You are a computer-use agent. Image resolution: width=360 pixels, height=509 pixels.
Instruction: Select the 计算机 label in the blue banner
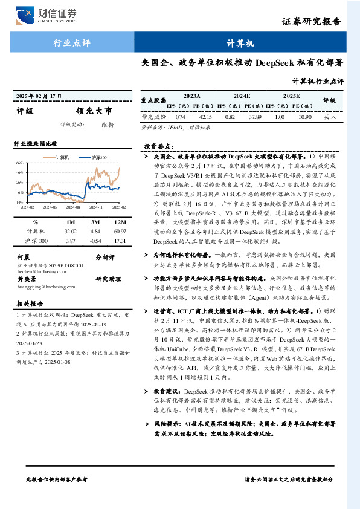pos(240,44)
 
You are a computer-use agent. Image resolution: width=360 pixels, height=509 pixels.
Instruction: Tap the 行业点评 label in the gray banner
pos(72,44)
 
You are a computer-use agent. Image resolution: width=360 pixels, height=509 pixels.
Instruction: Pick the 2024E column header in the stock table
pos(241,96)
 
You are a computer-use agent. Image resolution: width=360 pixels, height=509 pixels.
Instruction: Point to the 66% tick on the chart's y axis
pos(19,163)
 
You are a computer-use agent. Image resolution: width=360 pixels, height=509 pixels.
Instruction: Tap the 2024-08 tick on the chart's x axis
pos(74,206)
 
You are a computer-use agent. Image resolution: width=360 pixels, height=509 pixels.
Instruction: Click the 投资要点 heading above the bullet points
pos(159,146)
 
